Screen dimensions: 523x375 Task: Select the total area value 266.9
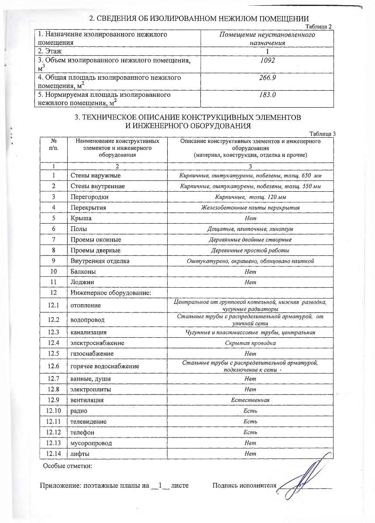pos(267,78)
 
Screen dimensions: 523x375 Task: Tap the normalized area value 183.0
pos(267,95)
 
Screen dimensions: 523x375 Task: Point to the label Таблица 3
pos(322,134)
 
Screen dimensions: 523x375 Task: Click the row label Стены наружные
pos(96,176)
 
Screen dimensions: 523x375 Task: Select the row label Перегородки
pos(89,197)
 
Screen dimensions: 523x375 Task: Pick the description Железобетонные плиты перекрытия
pos(250,208)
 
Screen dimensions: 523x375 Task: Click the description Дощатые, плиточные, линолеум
pos(250,229)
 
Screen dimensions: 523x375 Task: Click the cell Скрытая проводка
pos(250,343)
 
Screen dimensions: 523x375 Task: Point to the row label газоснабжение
pos(92,353)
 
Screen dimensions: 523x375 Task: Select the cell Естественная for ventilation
pos(250,400)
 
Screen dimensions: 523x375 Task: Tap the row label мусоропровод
pos(91,443)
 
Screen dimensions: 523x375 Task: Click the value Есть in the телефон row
pos(250,432)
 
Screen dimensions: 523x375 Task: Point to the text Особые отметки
pos(67,467)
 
